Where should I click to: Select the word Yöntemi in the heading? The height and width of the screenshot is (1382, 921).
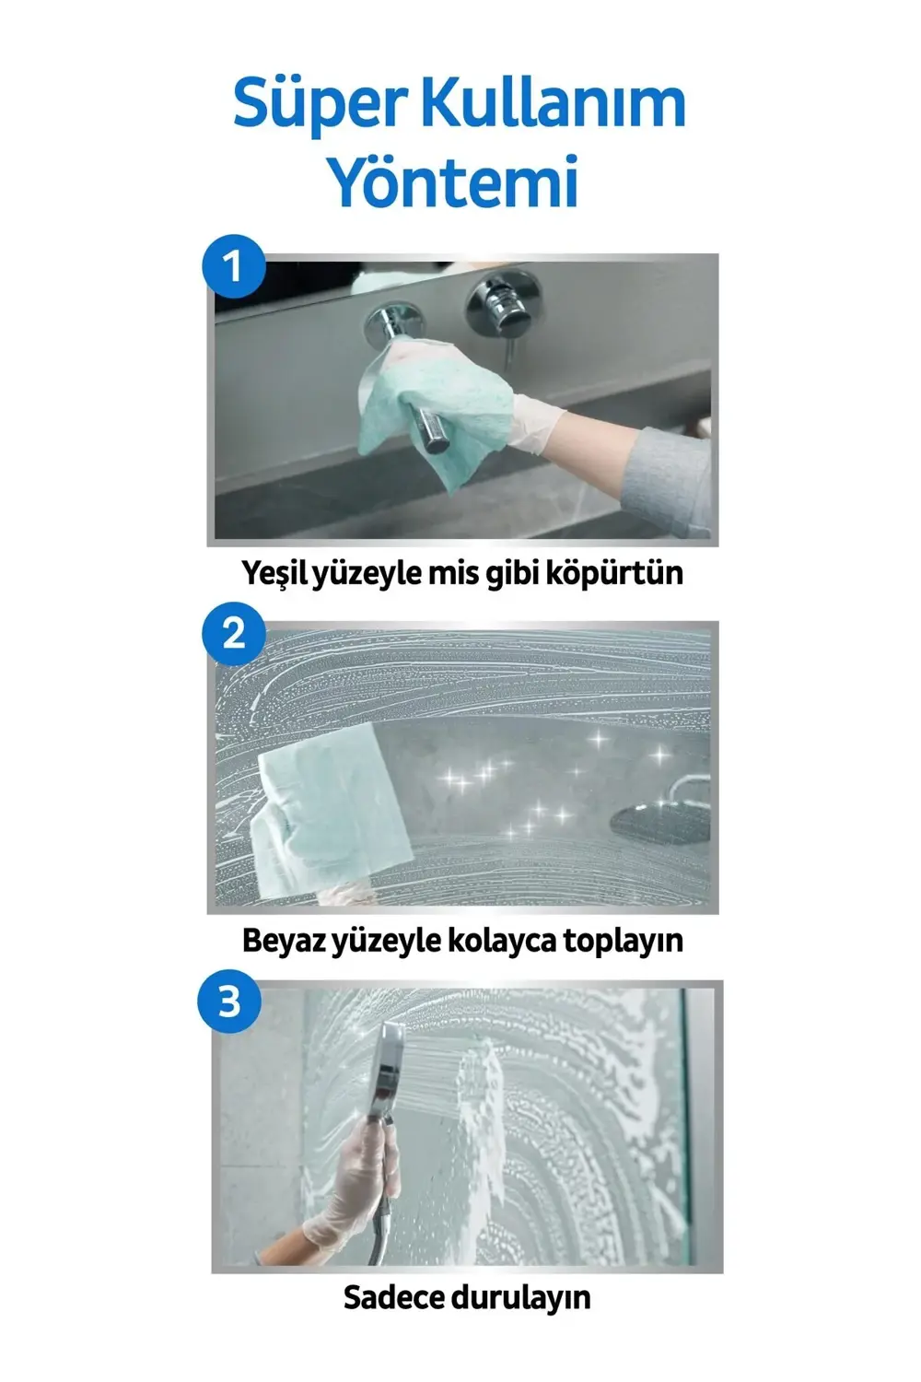click(x=454, y=182)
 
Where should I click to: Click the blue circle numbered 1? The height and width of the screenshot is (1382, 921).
click(x=233, y=266)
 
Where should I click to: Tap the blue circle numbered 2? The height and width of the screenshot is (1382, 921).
click(x=233, y=634)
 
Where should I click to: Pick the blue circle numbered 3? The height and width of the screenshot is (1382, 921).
click(x=229, y=1001)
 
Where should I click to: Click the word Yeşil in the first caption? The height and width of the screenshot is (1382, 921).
click(x=275, y=573)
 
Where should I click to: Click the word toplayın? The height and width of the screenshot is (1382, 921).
click(x=623, y=941)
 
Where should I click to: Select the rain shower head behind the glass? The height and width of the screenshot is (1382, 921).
click(x=659, y=816)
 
